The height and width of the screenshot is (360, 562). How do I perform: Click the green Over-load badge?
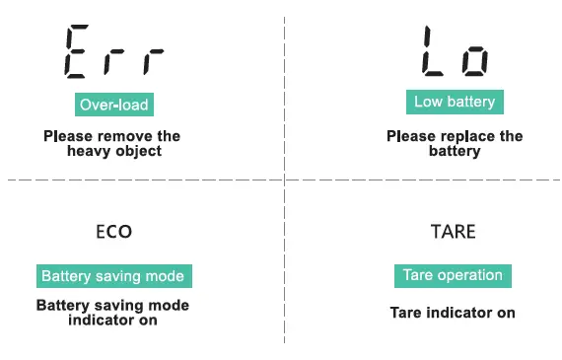(x=114, y=104)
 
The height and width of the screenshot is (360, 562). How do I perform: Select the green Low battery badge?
(x=454, y=102)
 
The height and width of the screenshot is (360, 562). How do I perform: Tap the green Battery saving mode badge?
(x=112, y=276)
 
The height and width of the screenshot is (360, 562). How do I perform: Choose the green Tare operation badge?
(x=453, y=275)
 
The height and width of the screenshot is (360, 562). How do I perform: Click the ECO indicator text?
(x=113, y=233)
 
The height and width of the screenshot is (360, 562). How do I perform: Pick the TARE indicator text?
(x=454, y=233)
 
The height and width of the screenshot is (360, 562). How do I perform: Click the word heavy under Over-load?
(x=87, y=152)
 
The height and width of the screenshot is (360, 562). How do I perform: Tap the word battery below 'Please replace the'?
(x=454, y=152)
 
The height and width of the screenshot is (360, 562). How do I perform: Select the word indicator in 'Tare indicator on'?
(x=458, y=314)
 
